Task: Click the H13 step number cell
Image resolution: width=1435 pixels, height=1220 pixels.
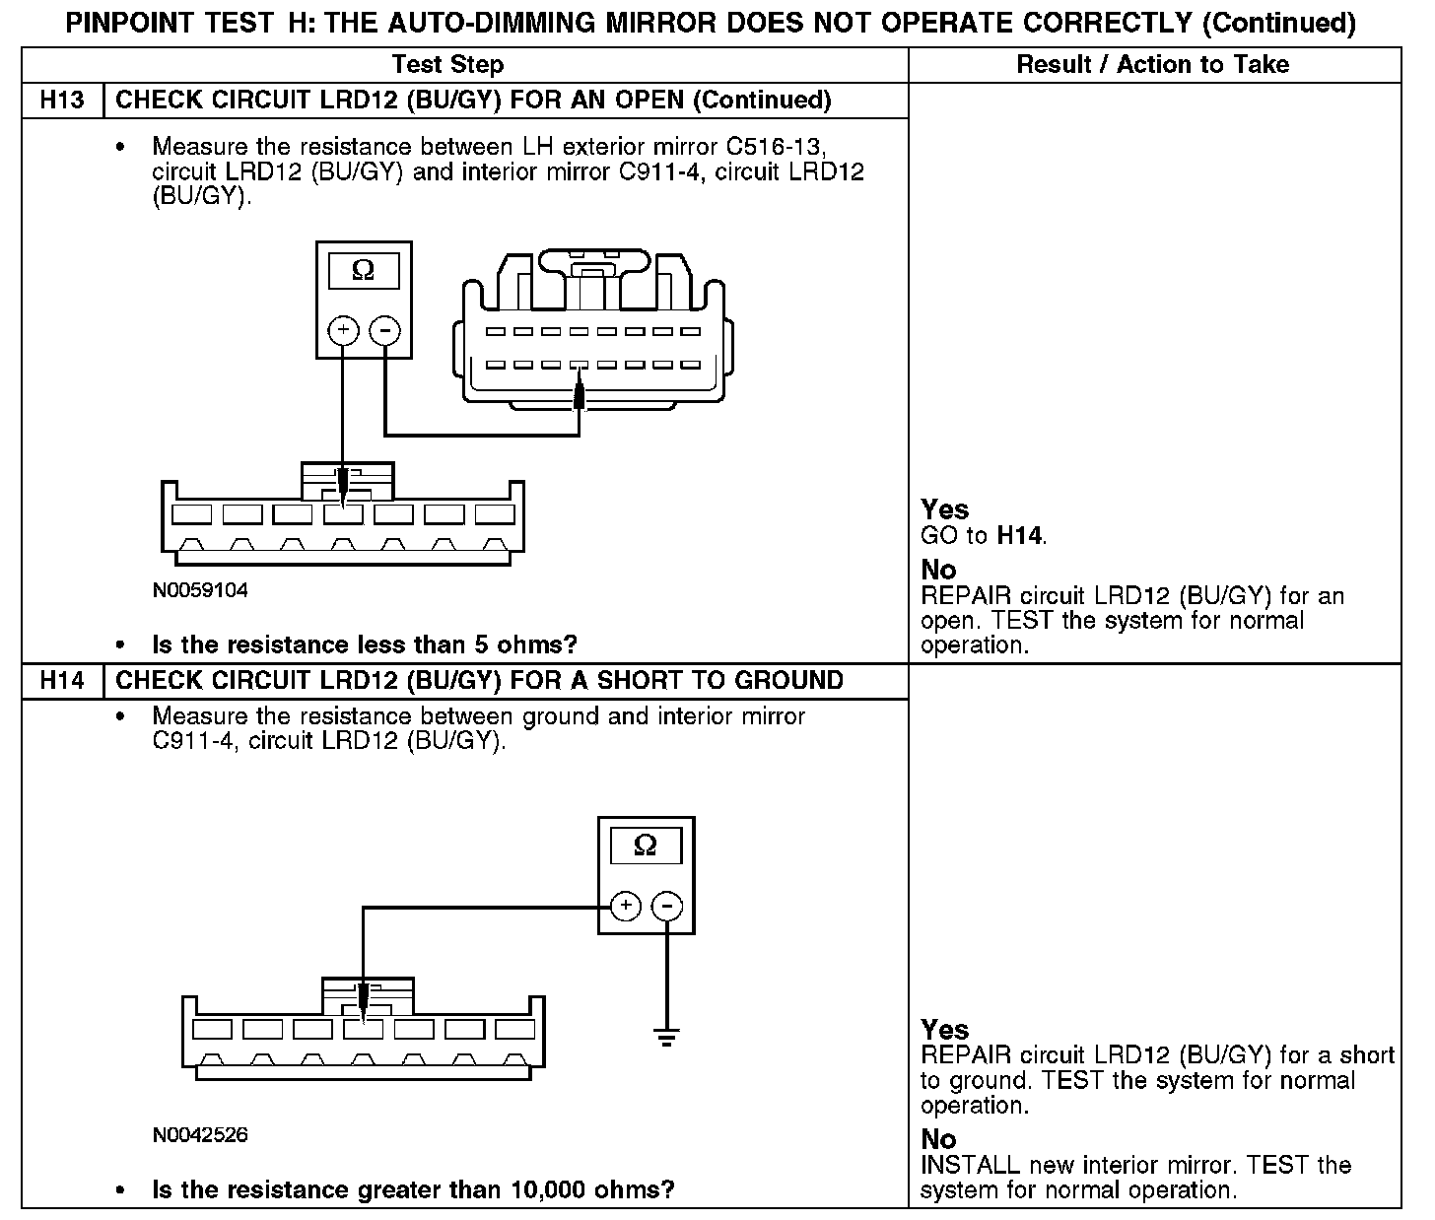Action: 61,101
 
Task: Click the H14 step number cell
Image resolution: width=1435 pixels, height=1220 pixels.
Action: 61,681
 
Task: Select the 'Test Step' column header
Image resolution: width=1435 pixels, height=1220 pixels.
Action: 447,65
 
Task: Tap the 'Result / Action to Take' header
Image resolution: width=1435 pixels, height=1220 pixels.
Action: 1152,65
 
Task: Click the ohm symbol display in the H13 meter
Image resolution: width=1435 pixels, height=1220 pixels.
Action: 363,271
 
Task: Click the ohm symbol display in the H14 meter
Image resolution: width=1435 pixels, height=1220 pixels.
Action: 645,846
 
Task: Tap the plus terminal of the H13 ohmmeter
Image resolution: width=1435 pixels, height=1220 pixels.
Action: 343,330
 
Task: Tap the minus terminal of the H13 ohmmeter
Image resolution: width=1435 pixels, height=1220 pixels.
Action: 384,330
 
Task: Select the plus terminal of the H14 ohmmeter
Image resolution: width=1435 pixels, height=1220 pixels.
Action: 626,906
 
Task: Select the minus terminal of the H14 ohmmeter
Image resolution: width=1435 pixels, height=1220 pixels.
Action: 667,906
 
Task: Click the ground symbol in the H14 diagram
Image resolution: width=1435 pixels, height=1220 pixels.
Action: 667,1036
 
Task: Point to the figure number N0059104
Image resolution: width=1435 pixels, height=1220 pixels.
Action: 200,591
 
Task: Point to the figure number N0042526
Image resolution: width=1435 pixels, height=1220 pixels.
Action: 200,1135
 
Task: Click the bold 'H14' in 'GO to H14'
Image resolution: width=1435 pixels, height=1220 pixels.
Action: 1020,536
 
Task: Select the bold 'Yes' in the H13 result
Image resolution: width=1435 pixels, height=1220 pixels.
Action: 944,509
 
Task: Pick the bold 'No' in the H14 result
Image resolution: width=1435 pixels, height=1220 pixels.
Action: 938,1140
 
